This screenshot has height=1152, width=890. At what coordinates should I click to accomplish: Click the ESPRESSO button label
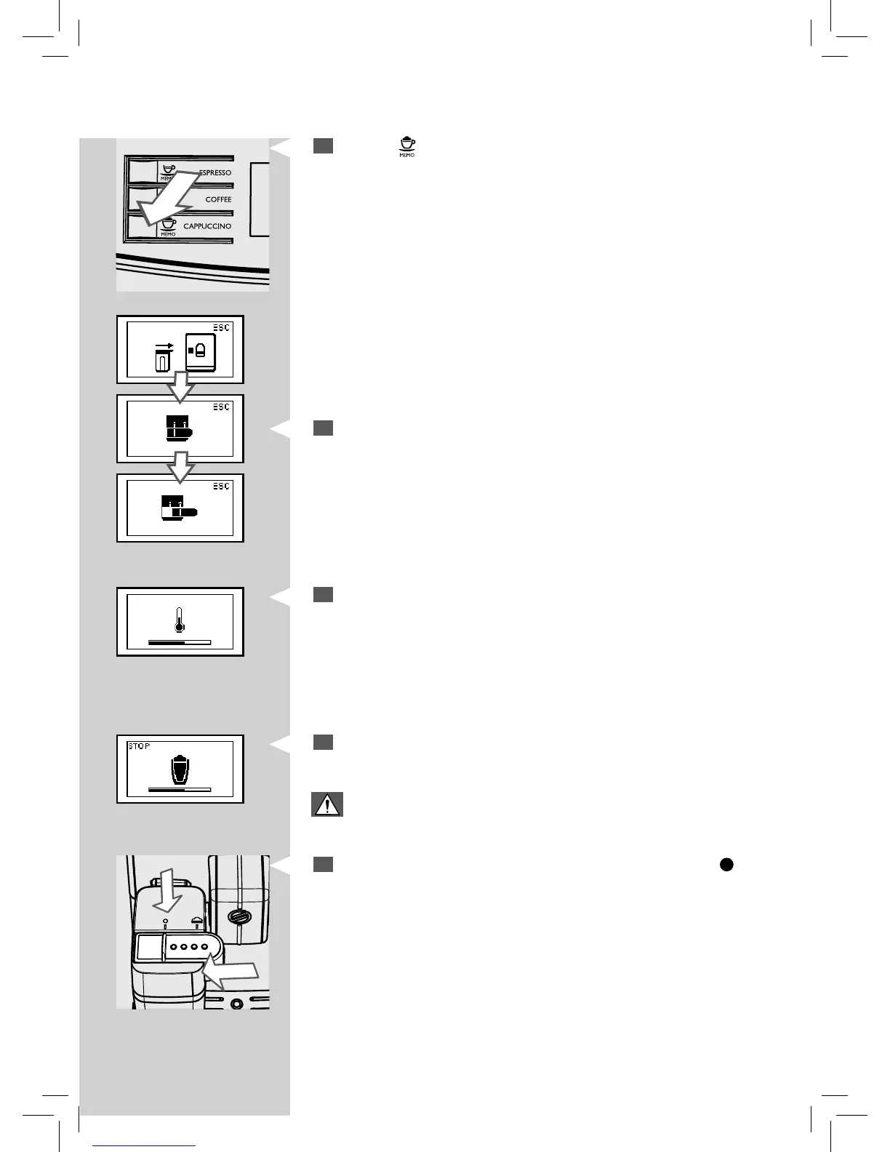[x=215, y=173]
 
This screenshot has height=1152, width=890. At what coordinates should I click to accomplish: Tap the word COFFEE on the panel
[x=218, y=199]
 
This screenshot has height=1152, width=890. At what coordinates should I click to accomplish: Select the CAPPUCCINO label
[x=207, y=226]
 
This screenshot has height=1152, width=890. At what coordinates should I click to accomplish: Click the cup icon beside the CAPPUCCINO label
[x=169, y=223]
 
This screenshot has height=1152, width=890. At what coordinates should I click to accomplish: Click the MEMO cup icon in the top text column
[x=406, y=145]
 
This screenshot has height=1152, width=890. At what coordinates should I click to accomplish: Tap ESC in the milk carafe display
[x=221, y=328]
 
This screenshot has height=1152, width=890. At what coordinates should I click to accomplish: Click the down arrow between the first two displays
[x=181, y=386]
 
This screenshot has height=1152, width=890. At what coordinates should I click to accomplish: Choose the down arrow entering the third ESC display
[x=181, y=466]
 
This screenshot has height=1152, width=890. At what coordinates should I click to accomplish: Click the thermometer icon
[x=179, y=619]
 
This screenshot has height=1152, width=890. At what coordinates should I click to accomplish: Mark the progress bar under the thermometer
[x=179, y=643]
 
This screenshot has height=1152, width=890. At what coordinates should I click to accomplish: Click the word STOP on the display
[x=140, y=746]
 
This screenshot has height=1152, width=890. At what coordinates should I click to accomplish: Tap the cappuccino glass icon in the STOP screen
[x=179, y=768]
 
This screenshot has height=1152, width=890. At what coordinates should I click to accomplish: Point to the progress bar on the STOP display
[x=179, y=789]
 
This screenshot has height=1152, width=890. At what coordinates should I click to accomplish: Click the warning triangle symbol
[x=327, y=804]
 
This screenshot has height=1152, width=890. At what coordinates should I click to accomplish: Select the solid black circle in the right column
[x=726, y=864]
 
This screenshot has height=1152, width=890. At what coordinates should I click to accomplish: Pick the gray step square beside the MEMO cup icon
[x=324, y=145]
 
